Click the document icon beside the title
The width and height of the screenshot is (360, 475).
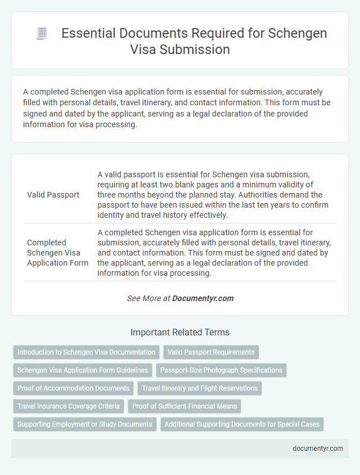click(x=42, y=34)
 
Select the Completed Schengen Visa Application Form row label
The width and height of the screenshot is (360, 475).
click(x=57, y=252)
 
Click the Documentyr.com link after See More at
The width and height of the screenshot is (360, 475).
click(x=203, y=298)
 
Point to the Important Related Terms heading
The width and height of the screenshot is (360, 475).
click(x=179, y=332)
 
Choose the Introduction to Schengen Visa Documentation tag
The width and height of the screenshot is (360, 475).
click(x=86, y=352)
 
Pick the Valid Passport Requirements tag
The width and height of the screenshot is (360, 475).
click(x=211, y=352)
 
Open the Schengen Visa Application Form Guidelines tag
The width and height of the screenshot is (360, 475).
click(x=83, y=370)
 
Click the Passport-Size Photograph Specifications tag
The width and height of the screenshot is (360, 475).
click(x=221, y=370)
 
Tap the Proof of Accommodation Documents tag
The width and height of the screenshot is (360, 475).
click(x=73, y=388)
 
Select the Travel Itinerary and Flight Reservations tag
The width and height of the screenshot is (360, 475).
click(x=200, y=388)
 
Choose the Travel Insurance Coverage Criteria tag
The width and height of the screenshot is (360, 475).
click(x=69, y=406)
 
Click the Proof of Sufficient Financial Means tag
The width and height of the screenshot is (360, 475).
click(x=185, y=406)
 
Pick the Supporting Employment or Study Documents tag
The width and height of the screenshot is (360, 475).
click(x=84, y=424)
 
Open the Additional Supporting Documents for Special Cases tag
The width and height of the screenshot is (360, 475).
click(x=242, y=424)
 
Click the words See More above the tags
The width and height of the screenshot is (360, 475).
click(x=145, y=298)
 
